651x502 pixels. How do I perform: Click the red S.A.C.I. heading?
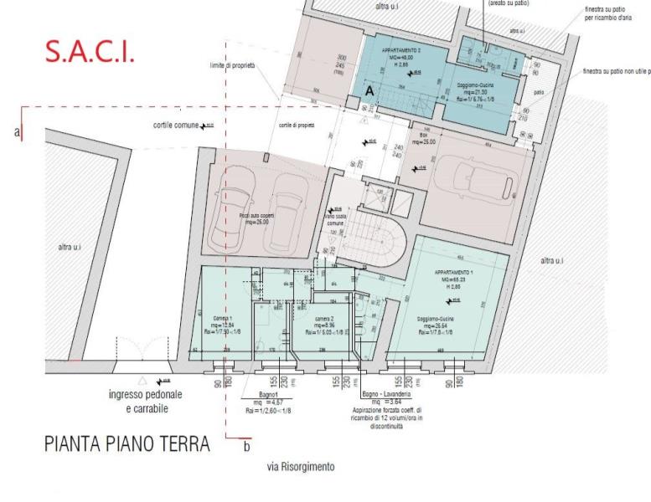coord(89,51)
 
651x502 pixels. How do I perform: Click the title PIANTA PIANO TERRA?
coord(127,444)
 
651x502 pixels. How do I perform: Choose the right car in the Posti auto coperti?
coord(287,219)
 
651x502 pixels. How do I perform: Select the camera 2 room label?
coord(326,320)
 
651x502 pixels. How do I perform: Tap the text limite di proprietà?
coord(232,64)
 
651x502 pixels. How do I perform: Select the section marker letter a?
coord(17,132)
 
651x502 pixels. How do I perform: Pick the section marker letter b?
coord(245,447)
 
